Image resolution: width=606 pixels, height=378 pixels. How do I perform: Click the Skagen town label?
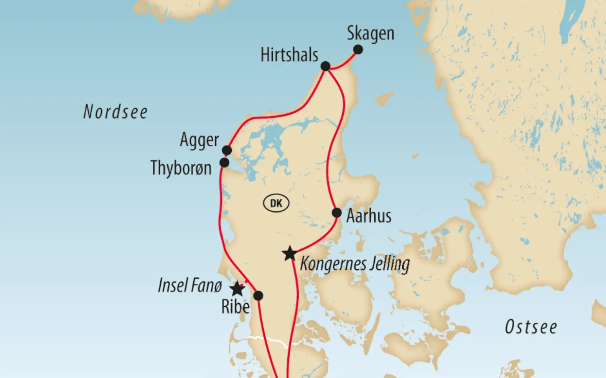371,34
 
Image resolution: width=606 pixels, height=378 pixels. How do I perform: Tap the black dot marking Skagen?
358,49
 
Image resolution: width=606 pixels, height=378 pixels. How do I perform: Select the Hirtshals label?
289,55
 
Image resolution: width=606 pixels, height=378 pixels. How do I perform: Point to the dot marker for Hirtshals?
325,66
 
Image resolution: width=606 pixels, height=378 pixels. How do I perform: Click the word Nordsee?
115,112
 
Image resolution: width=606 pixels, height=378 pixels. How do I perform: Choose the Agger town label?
199,140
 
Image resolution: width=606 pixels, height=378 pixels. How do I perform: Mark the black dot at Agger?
227,150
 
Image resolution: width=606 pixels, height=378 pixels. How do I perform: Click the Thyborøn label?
181,168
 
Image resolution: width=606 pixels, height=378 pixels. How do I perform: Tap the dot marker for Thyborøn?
224,163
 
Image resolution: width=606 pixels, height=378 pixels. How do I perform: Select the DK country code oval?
276,203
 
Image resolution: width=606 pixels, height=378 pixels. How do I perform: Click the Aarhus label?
369,216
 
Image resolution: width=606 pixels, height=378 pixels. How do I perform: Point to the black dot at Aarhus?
337,213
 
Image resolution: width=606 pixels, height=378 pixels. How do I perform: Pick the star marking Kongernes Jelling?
290,254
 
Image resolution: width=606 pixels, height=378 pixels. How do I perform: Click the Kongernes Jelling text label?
354,264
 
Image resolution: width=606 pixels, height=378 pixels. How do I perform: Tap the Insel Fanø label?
190,285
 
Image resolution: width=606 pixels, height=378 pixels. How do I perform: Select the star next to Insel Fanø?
237,289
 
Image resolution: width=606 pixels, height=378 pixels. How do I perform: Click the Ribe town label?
235,306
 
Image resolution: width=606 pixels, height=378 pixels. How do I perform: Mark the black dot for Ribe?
258,296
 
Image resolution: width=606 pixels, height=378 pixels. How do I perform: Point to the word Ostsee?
531,327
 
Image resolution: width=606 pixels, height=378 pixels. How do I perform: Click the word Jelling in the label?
388,264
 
